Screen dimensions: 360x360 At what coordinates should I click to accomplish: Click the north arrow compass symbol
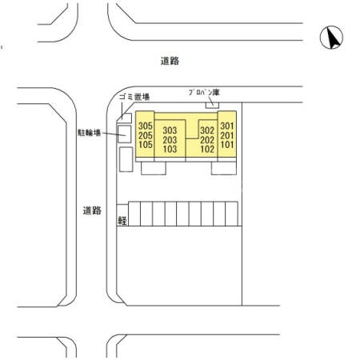point(331,38)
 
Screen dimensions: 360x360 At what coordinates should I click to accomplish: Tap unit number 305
point(146,126)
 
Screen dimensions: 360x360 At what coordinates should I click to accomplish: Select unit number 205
point(146,135)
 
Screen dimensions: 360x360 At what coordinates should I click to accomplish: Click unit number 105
point(146,145)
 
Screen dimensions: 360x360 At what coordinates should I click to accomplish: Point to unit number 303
point(170,130)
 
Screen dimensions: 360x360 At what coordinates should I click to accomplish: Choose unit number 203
point(170,140)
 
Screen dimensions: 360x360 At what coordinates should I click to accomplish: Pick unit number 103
point(170,149)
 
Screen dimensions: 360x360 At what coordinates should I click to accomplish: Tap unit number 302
point(207,130)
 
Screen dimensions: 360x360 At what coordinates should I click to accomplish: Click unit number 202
point(207,140)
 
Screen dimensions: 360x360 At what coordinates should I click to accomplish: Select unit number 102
point(207,149)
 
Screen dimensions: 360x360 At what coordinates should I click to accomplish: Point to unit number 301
point(227,126)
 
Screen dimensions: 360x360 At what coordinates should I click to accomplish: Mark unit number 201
point(227,135)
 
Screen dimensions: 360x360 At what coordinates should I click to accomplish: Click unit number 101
point(227,145)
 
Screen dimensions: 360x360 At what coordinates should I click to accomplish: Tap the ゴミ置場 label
point(134,97)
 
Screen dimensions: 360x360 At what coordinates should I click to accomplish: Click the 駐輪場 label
point(90,133)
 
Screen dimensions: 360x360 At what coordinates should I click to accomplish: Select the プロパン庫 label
point(204,93)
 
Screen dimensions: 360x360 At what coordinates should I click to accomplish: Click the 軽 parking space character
point(122,221)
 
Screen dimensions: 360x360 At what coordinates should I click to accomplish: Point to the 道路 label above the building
point(170,61)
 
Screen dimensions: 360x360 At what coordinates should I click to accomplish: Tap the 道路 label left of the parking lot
point(92,210)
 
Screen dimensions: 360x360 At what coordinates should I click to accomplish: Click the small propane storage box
point(212,106)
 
